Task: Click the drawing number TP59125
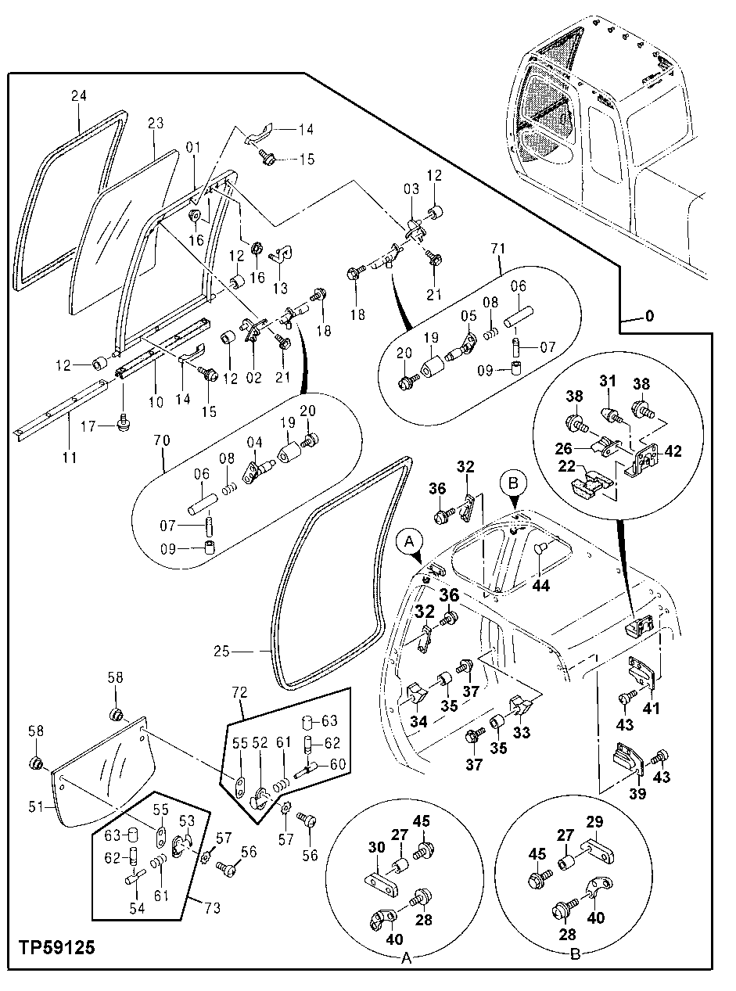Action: pos(56,948)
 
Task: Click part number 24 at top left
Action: pos(78,97)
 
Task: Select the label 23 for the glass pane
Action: pos(155,123)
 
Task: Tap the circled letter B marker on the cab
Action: pos(513,483)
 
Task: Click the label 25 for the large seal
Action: pos(222,651)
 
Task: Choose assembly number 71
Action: pos(497,249)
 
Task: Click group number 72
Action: pos(239,694)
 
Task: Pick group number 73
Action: pos(213,908)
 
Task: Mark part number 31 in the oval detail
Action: pos(607,381)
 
